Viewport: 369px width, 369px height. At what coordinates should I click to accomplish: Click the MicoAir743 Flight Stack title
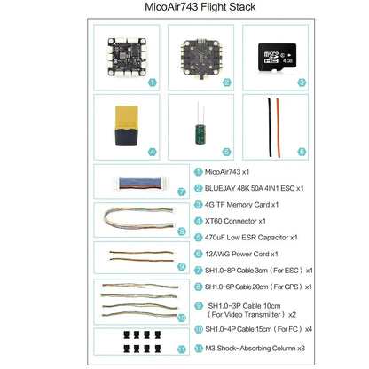coord(200,7)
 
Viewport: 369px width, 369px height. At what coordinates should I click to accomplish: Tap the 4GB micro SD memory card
coord(277,58)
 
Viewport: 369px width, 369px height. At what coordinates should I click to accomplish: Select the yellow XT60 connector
coord(127,126)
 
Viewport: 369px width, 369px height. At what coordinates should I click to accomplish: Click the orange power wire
coord(279,128)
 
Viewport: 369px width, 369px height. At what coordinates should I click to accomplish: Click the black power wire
coord(270,128)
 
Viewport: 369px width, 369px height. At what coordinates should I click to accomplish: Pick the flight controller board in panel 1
coord(127,57)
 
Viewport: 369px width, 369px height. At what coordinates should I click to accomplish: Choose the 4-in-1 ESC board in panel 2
coord(201,59)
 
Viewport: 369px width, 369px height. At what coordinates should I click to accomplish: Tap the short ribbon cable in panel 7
coord(140,184)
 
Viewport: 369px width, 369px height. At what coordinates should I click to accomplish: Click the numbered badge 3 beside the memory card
coord(302,82)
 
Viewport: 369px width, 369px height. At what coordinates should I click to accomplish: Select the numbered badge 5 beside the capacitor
coord(226,152)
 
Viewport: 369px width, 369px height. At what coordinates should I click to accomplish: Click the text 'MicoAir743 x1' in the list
coord(227,172)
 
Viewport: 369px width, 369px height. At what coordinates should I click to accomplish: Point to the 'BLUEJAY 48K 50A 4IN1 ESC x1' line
coord(255,188)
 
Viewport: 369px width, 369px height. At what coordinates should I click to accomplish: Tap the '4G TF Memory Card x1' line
coord(241,205)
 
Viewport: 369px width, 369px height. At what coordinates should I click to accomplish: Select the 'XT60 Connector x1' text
coord(235,221)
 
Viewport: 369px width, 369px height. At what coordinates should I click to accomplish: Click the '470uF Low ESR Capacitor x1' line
coord(251,238)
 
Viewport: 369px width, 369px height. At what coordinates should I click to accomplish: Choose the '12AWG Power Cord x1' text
coord(241,254)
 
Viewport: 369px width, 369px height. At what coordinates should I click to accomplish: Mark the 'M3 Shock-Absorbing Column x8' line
coord(255,349)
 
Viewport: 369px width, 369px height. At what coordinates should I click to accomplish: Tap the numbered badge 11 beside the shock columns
coord(182,349)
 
